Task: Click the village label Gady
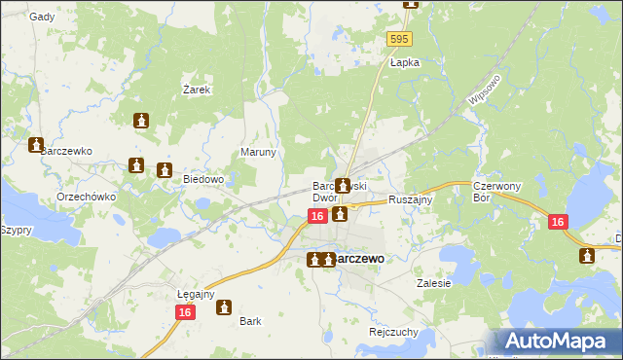point(42,17)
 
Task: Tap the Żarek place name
point(198,89)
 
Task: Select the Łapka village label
point(404,62)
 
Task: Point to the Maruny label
point(259,153)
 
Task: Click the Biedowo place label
point(204,179)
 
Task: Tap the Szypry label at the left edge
point(16,230)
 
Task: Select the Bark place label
point(250,320)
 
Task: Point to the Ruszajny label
point(410,198)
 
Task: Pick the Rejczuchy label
point(393,331)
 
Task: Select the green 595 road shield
point(399,39)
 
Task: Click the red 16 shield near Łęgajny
point(184,311)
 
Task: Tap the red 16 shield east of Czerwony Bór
point(557,222)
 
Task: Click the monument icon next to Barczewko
point(36,146)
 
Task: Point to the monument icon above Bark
point(224,307)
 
